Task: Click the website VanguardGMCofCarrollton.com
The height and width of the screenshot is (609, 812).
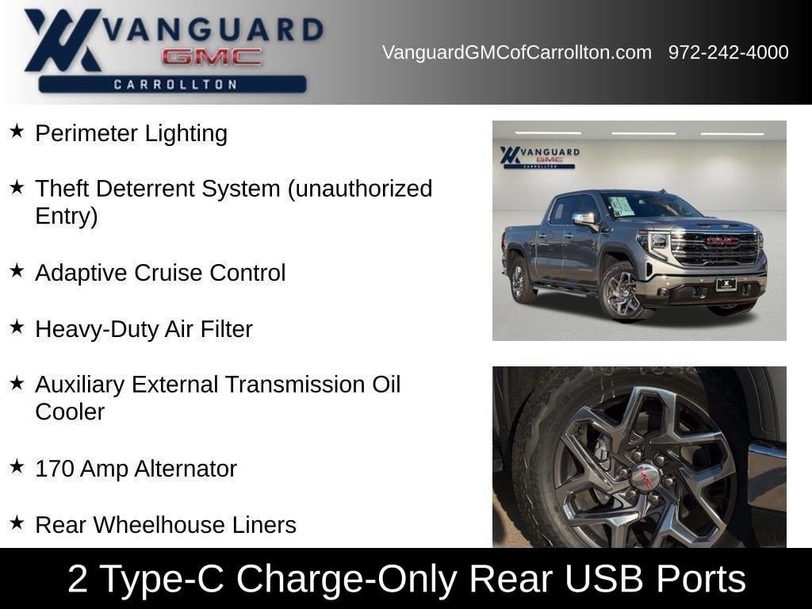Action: point(516,52)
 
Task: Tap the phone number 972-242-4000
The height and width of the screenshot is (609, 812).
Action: point(728,52)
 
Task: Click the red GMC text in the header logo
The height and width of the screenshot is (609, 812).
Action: point(212,56)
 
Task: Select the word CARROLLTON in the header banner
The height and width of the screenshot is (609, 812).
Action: point(175,84)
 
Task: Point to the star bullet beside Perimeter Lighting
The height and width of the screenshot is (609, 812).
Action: point(17,131)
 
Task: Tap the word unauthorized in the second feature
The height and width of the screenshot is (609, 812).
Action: point(360,189)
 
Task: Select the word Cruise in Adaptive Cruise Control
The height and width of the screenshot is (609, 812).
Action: point(168,273)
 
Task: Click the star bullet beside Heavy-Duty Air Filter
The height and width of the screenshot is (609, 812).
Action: point(17,326)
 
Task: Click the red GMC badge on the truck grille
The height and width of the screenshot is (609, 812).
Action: point(722,241)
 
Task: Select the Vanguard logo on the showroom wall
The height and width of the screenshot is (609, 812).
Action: point(539,156)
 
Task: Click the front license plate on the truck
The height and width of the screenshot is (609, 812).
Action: point(726,285)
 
